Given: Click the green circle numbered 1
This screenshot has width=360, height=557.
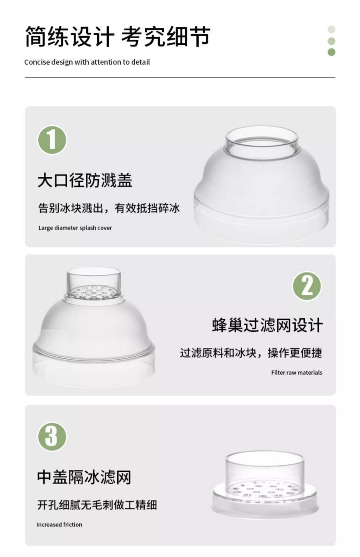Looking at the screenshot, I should coord(52,140).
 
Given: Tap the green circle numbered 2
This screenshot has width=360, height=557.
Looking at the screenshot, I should coord(307,286).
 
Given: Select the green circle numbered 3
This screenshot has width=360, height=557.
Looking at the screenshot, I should coord(52,436).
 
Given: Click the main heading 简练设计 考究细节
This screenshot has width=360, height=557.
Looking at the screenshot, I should coord(117,37).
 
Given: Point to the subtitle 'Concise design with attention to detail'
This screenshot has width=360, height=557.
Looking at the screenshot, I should coord(87,62).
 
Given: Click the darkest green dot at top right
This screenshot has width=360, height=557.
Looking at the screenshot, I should coord(331,52).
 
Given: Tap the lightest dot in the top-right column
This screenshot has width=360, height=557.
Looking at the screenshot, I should coord(331,29).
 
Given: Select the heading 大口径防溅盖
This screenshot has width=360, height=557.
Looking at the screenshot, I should coord(85,181).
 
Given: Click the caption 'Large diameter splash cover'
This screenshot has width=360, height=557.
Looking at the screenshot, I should coord(75,228).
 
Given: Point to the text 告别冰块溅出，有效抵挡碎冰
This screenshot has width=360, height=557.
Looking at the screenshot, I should coord(108,208).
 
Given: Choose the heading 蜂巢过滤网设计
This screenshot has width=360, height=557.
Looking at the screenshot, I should coord(267,325).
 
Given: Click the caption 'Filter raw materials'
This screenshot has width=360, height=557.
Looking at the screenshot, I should coord(296,372).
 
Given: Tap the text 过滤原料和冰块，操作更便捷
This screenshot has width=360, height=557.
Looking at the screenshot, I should coord(251,353).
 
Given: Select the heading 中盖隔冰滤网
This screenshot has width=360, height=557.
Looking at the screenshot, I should coord(84,477).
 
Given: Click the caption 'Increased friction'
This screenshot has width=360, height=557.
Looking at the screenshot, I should coord(59,525).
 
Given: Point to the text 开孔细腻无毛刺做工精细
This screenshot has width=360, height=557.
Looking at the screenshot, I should coord(97,505).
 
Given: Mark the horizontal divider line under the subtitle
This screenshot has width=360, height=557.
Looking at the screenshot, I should coord(180,77).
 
